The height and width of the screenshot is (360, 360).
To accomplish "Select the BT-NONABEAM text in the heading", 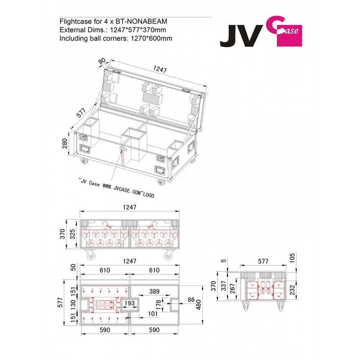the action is pos(141,21).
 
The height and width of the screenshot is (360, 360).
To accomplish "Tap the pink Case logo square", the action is pos(289,36).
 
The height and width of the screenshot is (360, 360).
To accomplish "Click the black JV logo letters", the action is pos(241,36).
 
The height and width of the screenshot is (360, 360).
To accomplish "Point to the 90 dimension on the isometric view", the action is pos(102,61).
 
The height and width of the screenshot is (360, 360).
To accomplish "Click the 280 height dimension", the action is pos(65,144).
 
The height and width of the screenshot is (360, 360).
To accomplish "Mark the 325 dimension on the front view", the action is pos(72,234).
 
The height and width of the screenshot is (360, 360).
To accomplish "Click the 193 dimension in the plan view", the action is pos(130,303).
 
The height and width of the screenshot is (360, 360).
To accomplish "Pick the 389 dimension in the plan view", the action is pos(154,291).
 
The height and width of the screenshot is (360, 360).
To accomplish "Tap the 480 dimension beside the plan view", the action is pos(198,305).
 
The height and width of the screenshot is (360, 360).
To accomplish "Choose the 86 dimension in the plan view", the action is pos(191,300).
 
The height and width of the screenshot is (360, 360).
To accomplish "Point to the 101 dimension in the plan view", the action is pos(153,314).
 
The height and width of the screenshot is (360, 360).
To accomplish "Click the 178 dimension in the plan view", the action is pos(158,305).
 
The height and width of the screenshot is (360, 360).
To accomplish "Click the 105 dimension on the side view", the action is pos(292,258).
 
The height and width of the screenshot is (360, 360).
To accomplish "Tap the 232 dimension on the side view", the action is pos(292,290).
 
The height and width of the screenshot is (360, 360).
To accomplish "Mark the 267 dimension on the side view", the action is pos(232,288).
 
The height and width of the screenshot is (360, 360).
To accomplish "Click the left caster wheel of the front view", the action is pos(91,255).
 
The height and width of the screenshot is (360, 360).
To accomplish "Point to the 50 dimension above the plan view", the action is pos(73,267).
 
